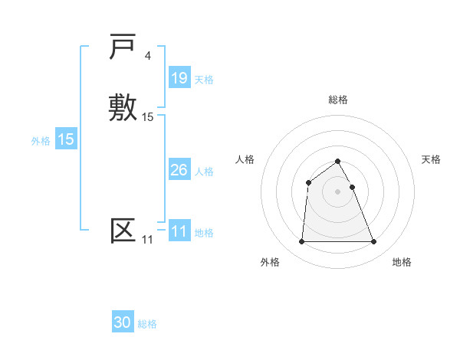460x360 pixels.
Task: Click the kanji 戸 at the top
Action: point(123,48)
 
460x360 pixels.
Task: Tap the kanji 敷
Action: point(123,106)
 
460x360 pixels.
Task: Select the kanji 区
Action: point(123,231)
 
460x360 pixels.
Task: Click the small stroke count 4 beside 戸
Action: point(147,56)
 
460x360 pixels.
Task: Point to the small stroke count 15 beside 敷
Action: point(148,116)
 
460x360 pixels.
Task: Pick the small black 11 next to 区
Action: point(147,240)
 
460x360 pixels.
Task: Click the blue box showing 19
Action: point(179,78)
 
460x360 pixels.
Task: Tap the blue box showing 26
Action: point(179,170)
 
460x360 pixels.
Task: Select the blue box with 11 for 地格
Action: point(179,231)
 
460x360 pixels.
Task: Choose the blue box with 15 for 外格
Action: point(66,139)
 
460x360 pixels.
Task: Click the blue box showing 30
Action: point(123,322)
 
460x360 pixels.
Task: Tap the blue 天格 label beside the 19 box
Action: point(204,80)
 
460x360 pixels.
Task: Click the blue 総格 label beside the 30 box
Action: point(147,324)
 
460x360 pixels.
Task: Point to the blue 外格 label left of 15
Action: point(41,141)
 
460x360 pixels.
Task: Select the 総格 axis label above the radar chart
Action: point(338,100)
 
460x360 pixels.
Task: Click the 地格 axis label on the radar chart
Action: point(402,262)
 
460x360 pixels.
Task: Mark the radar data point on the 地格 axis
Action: point(374,242)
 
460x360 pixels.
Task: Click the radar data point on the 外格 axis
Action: point(301,242)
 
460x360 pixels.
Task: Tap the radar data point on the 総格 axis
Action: point(338,161)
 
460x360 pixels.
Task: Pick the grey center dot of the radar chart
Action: point(338,191)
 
